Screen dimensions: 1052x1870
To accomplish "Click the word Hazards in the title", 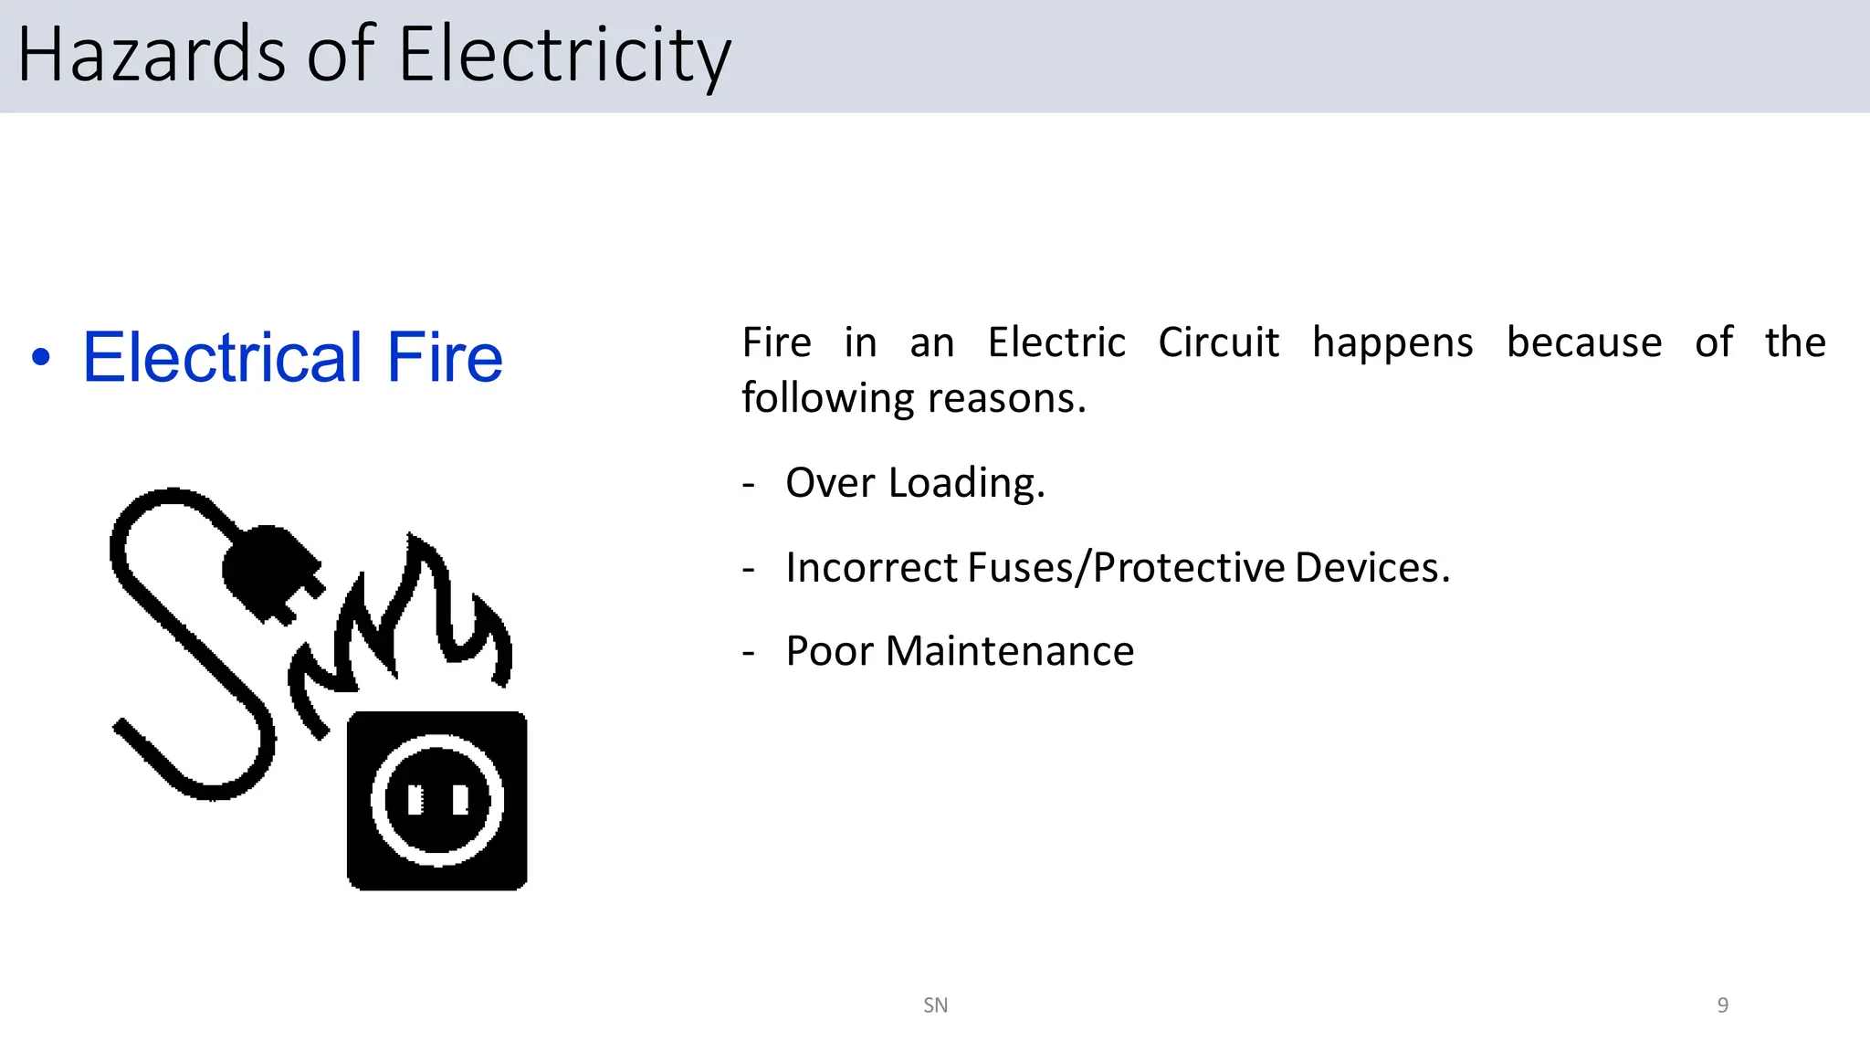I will (x=152, y=55).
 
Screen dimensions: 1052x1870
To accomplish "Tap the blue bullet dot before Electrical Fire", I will (x=41, y=357).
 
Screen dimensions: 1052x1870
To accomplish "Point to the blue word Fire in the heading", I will (x=445, y=357).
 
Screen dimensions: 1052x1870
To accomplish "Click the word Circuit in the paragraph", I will (x=1218, y=343).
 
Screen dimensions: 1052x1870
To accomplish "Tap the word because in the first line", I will (x=1584, y=343).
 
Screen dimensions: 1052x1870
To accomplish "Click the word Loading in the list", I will (x=965, y=483).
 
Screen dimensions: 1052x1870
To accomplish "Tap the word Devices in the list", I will (x=1371, y=568).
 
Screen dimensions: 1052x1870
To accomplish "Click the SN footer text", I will (x=935, y=1005).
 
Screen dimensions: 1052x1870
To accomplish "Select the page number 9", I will (x=1723, y=1005).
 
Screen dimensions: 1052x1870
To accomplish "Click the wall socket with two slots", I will (x=437, y=801).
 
